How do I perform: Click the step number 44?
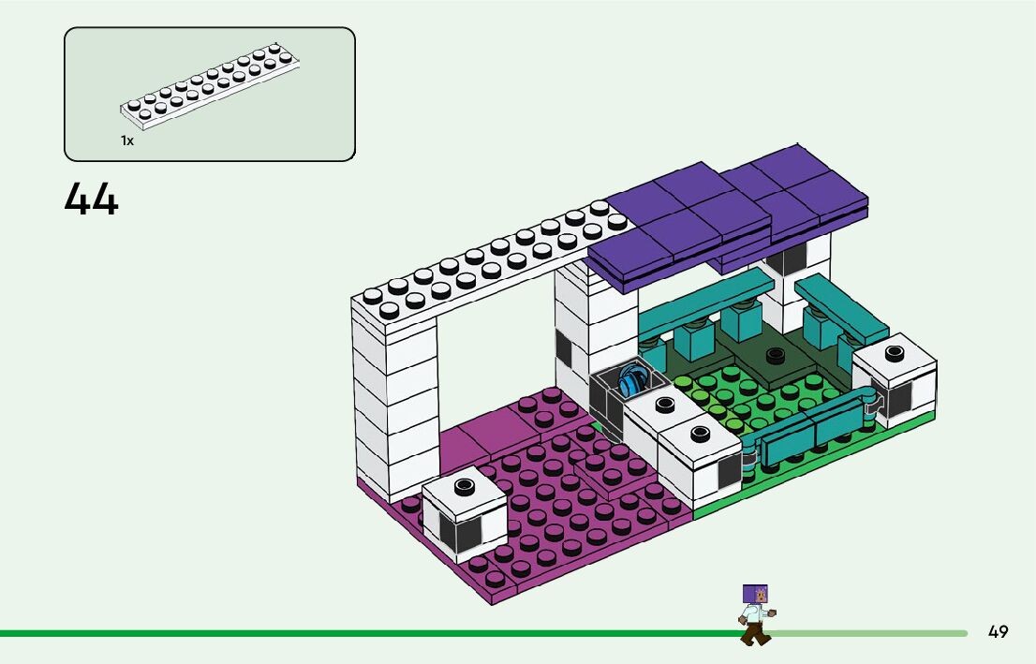point(92,199)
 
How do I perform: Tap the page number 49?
point(998,632)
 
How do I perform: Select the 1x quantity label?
point(127,140)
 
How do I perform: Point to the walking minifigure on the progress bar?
point(755,615)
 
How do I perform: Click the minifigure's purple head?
point(755,594)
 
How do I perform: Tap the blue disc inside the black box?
point(633,382)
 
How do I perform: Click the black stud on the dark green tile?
point(774,355)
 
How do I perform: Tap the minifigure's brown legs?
point(755,636)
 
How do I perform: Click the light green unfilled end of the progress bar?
point(871,633)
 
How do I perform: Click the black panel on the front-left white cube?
point(466,533)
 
